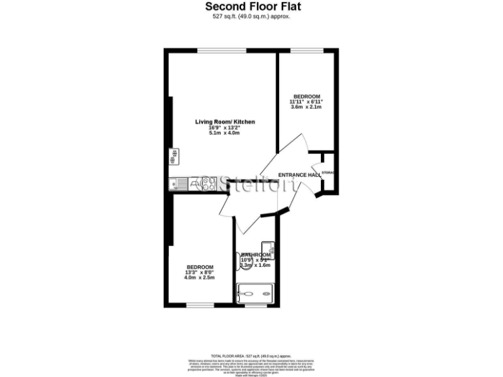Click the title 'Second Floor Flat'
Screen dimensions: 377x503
251,7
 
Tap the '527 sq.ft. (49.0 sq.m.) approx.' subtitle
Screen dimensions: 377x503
251,17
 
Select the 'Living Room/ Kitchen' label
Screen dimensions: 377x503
225,122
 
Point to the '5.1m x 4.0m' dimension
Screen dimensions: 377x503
225,133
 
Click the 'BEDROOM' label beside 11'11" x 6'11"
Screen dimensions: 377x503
307,96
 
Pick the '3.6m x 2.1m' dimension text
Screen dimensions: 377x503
307,107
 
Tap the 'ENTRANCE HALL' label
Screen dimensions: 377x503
299,175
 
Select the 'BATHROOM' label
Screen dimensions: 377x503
255,255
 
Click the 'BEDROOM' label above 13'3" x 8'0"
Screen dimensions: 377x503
200,267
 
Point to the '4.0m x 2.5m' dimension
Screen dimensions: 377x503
200,278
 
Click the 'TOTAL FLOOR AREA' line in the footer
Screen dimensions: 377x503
251,354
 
